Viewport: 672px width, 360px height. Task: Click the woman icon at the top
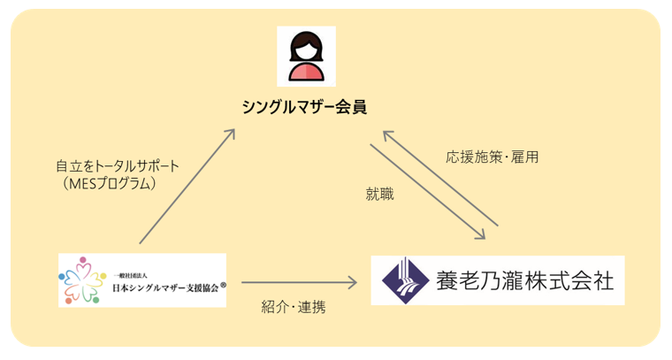coord(306,55)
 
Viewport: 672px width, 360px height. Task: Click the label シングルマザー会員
coord(305,107)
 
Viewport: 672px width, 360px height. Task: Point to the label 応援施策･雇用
coord(493,157)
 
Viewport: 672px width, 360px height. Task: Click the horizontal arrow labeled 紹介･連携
coord(299,283)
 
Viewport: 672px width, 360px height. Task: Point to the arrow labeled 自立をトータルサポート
coord(187,186)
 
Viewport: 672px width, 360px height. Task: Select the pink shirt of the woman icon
coord(306,72)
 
